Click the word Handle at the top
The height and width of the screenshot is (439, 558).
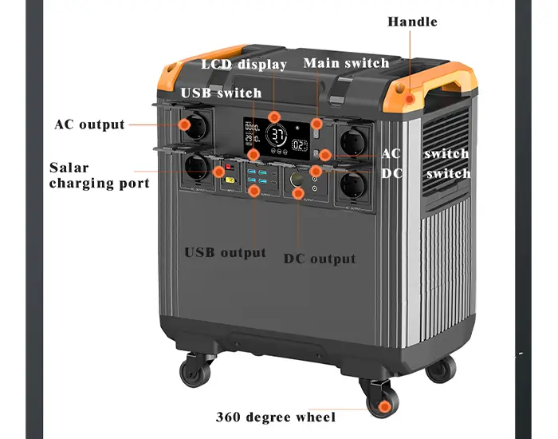tap(412, 22)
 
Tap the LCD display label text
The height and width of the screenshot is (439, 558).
tap(244, 65)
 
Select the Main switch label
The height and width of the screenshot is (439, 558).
tap(346, 63)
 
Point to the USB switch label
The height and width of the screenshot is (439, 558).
tap(221, 93)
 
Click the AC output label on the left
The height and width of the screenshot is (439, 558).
tap(89, 125)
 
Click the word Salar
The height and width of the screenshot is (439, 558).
tap(69, 168)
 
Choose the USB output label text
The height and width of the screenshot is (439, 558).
tap(226, 253)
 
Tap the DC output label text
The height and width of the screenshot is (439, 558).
tap(320, 259)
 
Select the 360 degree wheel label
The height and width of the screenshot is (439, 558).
tap(276, 417)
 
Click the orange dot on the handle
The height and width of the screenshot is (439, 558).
tap(410, 99)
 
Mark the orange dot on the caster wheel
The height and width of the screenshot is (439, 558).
tap(383, 406)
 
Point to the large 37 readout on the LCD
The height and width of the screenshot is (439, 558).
tap(278, 136)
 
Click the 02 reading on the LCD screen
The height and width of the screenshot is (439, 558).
tap(300, 145)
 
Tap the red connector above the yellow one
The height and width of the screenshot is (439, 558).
tap(228, 167)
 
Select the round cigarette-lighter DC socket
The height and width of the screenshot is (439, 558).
tap(296, 180)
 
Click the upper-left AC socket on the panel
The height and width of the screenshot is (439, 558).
tap(196, 126)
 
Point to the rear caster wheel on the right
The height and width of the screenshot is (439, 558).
tap(441, 369)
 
